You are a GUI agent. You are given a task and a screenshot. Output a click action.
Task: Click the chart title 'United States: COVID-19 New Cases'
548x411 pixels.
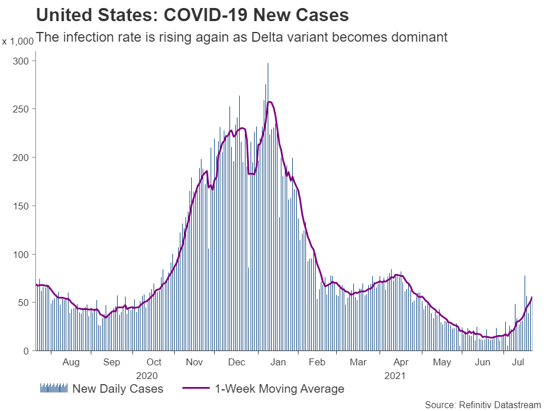tap(192, 15)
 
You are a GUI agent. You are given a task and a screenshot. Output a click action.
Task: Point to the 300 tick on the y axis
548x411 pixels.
tap(22, 61)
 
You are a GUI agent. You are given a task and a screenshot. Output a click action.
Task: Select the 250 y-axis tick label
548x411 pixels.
tap(22, 109)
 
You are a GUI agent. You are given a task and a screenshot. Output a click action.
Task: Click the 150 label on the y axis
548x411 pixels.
tap(22, 205)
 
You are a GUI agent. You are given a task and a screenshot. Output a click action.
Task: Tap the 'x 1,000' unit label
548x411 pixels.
tap(17, 42)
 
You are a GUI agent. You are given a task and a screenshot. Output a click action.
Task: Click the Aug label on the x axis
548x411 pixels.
tap(71, 362)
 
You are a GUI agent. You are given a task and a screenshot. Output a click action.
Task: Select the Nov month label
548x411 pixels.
tap(195, 362)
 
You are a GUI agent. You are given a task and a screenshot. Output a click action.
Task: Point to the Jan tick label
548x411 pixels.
tap(278, 362)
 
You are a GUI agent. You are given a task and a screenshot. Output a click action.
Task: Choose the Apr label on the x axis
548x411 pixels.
tap(401, 362)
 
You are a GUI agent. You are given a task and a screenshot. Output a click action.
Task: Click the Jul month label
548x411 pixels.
tap(518, 362)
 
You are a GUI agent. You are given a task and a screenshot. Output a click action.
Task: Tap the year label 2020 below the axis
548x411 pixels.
tap(147, 376)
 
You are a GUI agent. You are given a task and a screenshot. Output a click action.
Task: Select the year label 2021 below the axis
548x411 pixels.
tap(395, 376)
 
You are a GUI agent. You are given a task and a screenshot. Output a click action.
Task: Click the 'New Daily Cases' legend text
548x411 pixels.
tap(118, 389)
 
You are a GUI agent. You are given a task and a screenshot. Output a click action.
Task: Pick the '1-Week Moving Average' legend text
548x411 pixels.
tap(280, 389)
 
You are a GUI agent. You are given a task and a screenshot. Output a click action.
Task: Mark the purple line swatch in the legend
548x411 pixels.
tap(196, 389)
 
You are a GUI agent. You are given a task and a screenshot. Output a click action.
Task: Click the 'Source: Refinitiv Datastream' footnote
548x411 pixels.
tap(482, 405)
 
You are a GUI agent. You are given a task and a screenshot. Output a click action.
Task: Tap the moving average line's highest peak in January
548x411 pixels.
tap(269, 102)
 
